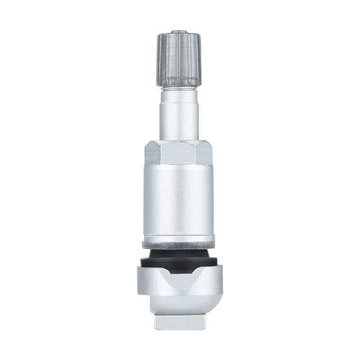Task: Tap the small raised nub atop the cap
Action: click(x=179, y=32)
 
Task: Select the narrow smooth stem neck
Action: click(x=179, y=115)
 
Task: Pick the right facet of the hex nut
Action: click(x=205, y=153)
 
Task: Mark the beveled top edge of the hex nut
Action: click(x=179, y=142)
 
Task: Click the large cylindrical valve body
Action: click(x=179, y=198)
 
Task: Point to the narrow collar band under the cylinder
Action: click(x=179, y=238)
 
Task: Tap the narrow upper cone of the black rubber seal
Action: click(x=179, y=254)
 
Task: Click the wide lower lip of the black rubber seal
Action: click(x=179, y=263)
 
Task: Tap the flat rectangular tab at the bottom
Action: click(x=179, y=321)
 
